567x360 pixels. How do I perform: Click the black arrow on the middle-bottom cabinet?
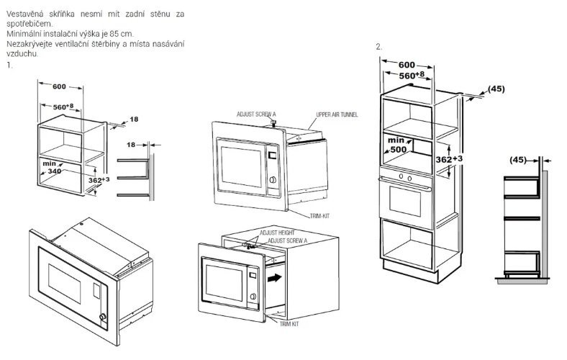[273, 275]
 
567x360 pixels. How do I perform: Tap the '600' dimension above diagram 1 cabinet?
[59, 87]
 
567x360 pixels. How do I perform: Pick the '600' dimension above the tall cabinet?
[407, 64]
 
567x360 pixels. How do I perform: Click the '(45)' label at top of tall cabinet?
[496, 89]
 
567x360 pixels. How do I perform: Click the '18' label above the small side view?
[131, 145]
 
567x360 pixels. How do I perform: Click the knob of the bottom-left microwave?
[104, 317]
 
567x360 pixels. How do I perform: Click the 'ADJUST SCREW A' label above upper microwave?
[255, 114]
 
